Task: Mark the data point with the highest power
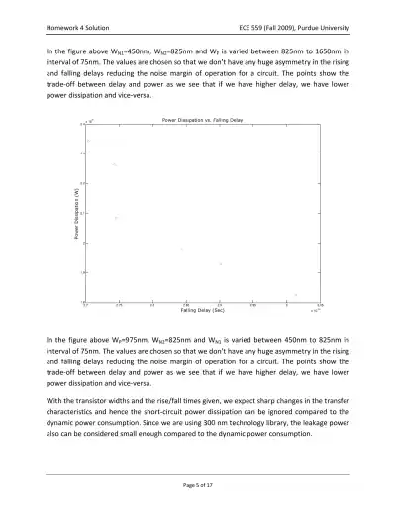(88, 141)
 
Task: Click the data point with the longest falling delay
(296, 294)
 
